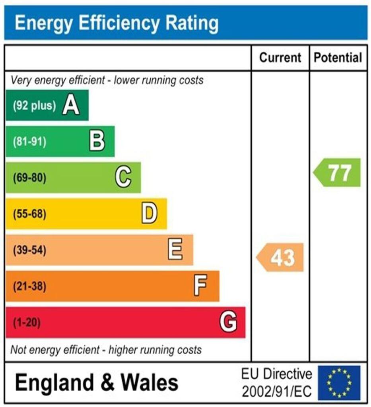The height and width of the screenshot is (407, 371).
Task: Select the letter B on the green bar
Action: pyautogui.click(x=97, y=141)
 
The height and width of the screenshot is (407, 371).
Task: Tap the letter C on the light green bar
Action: pyautogui.click(x=123, y=177)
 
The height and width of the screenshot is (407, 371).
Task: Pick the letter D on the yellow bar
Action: pyautogui.click(x=150, y=213)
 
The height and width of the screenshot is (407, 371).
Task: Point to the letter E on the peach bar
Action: pyautogui.click(x=175, y=250)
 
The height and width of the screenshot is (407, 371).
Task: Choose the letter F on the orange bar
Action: pyautogui.click(x=200, y=286)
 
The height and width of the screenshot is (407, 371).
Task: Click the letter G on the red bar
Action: pyautogui.click(x=228, y=322)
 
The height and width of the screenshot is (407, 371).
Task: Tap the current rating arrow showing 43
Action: pyautogui.click(x=280, y=258)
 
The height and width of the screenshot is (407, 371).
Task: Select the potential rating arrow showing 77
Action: pyautogui.click(x=338, y=172)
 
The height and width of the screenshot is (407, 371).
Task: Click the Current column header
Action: pyautogui.click(x=280, y=58)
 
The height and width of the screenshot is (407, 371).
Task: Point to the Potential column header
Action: pyautogui.click(x=338, y=58)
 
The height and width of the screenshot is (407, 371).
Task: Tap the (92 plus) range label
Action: pyautogui.click(x=34, y=106)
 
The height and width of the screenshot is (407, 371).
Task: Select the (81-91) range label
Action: pyautogui.click(x=29, y=142)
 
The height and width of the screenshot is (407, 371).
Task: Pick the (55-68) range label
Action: pyautogui.click(x=29, y=214)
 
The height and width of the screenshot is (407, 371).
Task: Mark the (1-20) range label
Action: pyautogui.click(x=27, y=322)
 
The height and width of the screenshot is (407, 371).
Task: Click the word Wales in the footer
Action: pyautogui.click(x=150, y=383)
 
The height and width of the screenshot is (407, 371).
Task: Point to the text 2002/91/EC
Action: pyautogui.click(x=277, y=391)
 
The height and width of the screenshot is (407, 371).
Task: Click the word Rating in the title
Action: pyautogui.click(x=192, y=23)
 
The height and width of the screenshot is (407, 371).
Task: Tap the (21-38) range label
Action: pyautogui.click(x=29, y=286)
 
